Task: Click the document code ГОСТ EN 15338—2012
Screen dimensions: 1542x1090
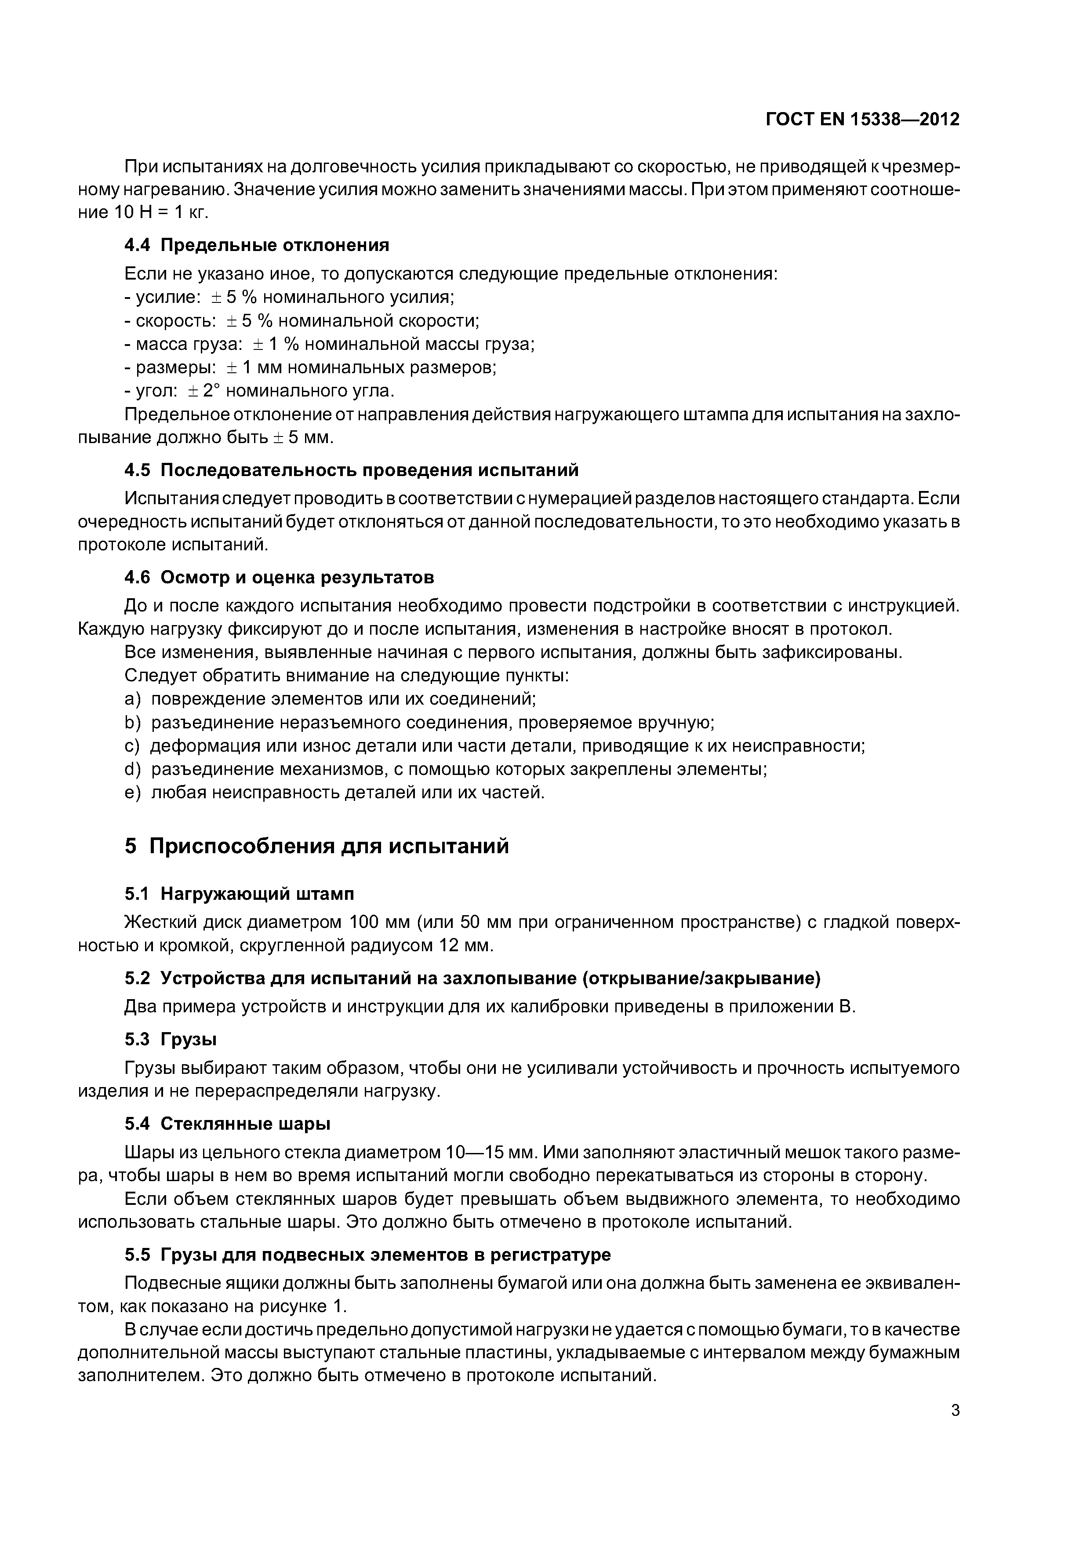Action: coord(862,120)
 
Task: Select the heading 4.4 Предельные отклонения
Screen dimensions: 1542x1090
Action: coord(257,245)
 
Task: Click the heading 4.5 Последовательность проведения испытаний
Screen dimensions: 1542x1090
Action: coord(351,470)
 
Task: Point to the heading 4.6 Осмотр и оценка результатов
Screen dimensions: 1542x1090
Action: coord(280,578)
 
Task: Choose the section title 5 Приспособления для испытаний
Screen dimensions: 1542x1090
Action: coord(316,846)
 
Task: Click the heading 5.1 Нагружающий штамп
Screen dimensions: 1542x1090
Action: coord(239,894)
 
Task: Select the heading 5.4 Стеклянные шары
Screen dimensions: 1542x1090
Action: coord(228,1124)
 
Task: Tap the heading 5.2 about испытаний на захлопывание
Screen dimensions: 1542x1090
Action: coord(472,978)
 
